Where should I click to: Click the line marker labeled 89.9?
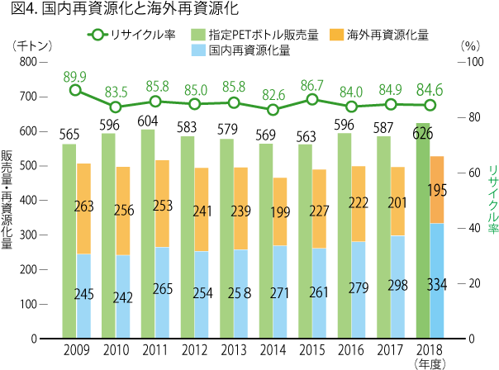[x=75, y=90]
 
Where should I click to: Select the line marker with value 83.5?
[x=116, y=107]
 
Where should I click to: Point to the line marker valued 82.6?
[x=273, y=108]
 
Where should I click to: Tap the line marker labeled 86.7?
[x=312, y=99]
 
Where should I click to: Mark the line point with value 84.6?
[x=430, y=106]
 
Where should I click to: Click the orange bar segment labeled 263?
[x=83, y=208]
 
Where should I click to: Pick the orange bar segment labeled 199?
[x=281, y=211]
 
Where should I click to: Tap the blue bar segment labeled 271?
[x=281, y=291]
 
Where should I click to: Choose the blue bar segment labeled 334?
[x=438, y=280]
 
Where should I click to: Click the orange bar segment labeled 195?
[x=438, y=189]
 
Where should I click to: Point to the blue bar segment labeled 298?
[x=398, y=286]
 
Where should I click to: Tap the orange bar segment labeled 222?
[x=359, y=203]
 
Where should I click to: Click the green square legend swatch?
[x=198, y=35]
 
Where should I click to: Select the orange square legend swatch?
[x=337, y=35]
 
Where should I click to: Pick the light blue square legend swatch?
[x=198, y=50]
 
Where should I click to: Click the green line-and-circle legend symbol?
[x=97, y=35]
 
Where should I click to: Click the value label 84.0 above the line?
[x=352, y=92]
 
